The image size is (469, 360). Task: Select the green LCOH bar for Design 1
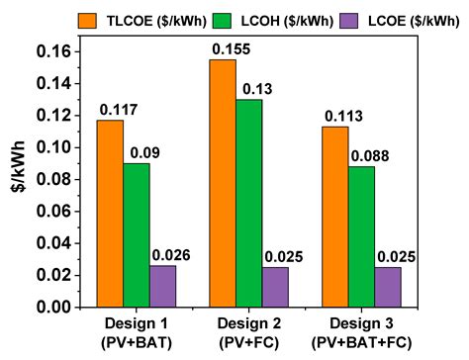(x=137, y=234)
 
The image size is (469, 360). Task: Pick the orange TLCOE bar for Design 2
(x=223, y=183)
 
